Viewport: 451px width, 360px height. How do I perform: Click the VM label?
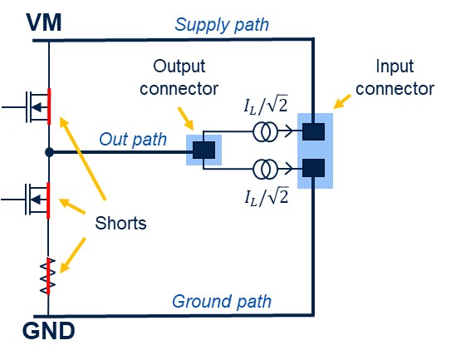44,22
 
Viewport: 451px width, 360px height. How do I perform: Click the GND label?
49,331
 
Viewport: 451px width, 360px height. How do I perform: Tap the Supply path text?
222,25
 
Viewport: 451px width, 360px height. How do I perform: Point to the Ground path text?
222,302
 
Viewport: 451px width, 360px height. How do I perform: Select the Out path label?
133,140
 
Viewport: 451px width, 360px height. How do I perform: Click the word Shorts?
120,223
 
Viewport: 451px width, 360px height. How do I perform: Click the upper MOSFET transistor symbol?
38,106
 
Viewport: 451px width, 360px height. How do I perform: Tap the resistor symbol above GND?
48,276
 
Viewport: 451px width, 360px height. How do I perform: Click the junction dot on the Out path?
49,152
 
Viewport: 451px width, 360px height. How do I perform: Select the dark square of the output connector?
203,150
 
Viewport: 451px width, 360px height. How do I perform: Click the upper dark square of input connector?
313,131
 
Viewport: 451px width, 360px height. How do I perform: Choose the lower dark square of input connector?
313,168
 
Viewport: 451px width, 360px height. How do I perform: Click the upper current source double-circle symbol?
265,132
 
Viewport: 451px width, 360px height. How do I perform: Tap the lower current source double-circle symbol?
265,169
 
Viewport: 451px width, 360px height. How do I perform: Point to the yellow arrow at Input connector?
342,101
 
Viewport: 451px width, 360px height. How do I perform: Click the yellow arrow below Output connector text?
186,118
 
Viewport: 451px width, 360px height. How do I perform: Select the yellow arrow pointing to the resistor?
73,255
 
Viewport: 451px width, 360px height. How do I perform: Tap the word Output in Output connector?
179,67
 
